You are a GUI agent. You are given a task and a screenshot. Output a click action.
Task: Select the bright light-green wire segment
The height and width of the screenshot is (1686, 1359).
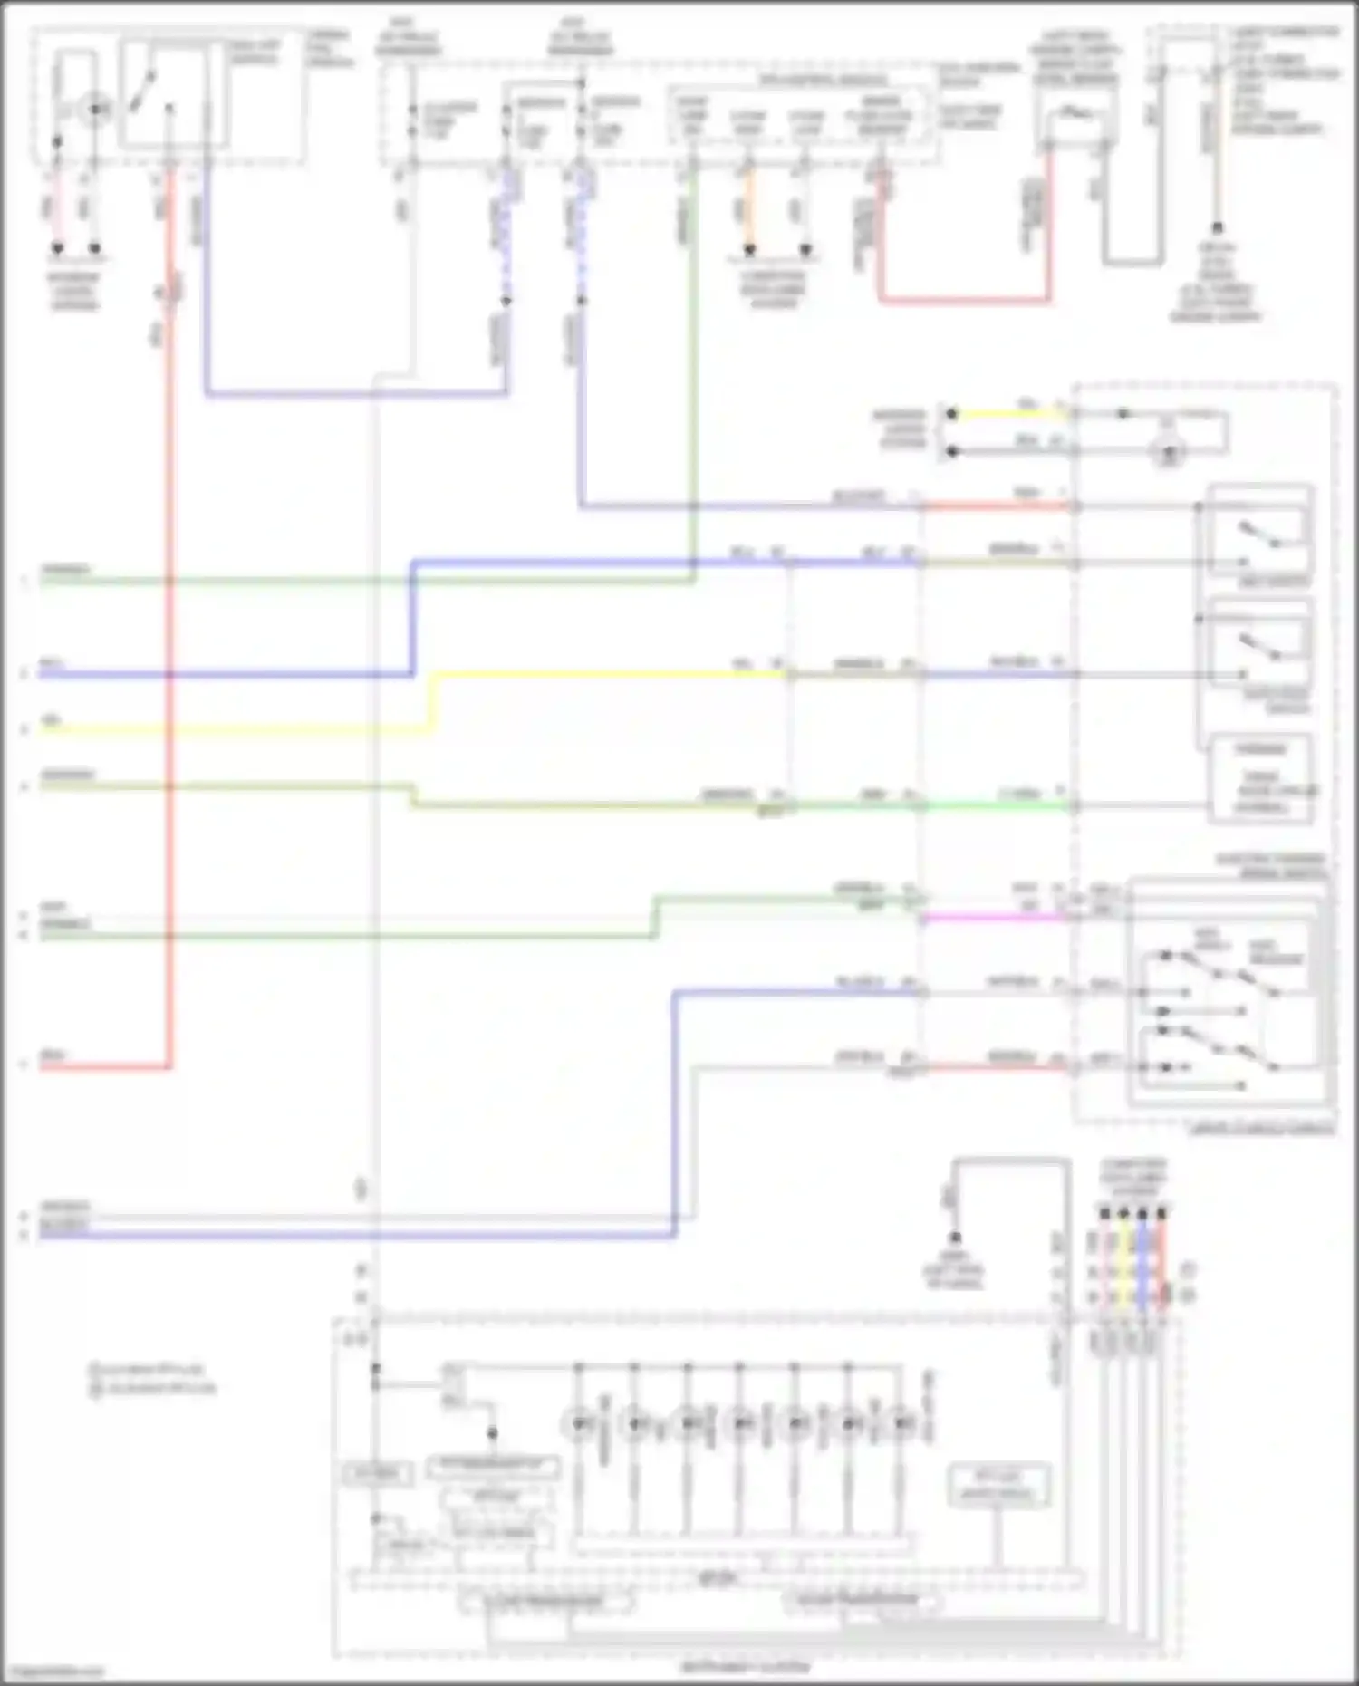pos(997,804)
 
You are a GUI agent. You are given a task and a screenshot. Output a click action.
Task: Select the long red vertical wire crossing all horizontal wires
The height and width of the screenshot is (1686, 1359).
pos(169,634)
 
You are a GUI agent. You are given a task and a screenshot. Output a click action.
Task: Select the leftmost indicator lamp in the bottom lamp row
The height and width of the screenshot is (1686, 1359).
pos(579,1424)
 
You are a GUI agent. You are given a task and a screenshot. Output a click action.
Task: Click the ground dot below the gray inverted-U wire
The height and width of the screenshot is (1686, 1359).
pos(954,1238)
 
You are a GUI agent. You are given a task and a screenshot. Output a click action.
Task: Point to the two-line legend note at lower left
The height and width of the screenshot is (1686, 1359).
pos(152,1379)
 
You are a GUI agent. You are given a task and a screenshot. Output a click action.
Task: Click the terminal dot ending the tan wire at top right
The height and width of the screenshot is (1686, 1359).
pos(1217,228)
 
